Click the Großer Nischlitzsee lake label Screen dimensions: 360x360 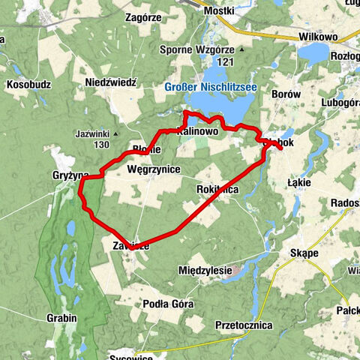(211, 87)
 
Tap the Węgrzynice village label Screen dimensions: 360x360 (154, 169)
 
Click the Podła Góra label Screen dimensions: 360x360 (168, 304)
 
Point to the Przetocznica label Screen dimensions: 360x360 (243, 325)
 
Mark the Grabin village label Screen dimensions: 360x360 (61, 318)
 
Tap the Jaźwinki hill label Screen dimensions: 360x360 (94, 134)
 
